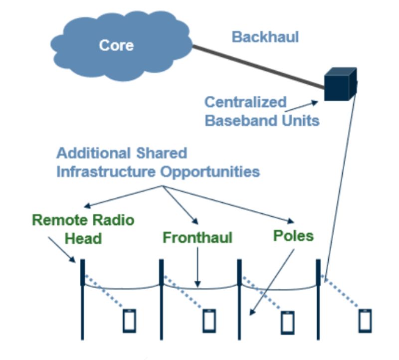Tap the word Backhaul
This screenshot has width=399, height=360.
(x=265, y=36)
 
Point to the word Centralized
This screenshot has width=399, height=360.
(x=245, y=102)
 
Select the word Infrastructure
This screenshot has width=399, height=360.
(x=107, y=172)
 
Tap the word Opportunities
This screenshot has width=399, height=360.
(x=210, y=172)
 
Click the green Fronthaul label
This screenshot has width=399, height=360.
(x=198, y=237)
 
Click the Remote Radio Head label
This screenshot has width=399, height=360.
(x=84, y=229)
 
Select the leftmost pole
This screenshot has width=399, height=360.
(x=82, y=299)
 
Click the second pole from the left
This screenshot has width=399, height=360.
(x=161, y=299)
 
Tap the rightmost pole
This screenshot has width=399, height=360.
(x=318, y=299)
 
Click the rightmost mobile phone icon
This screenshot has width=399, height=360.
(x=366, y=321)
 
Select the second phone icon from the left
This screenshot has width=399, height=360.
(x=209, y=321)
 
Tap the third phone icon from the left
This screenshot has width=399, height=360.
(x=287, y=321)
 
